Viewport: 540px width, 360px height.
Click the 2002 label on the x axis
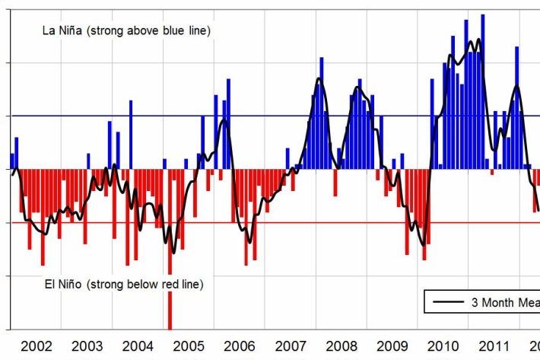point(37,346)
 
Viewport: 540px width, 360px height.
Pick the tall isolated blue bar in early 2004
point(131,133)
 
